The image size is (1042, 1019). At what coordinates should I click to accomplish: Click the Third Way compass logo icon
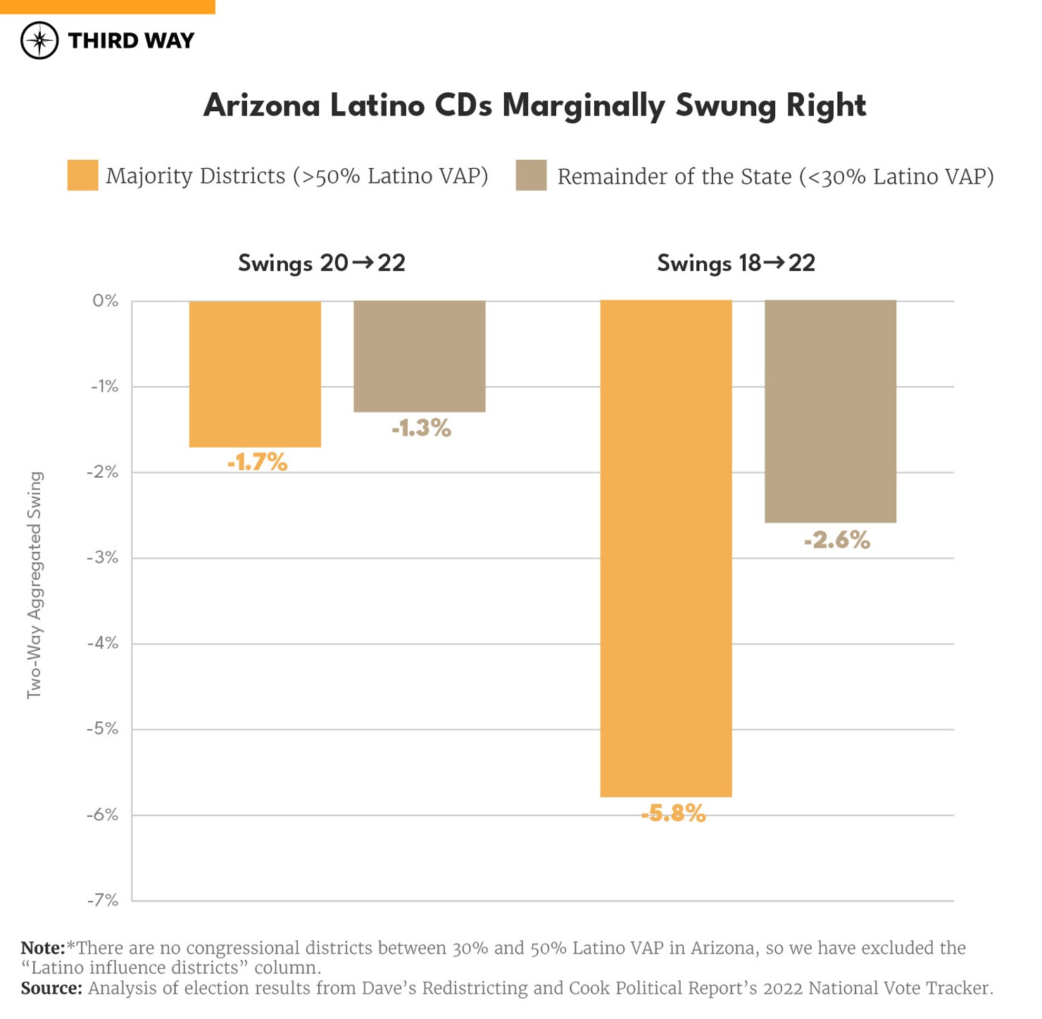pos(39,40)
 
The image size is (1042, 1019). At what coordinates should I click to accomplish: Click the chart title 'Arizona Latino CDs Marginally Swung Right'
pos(534,106)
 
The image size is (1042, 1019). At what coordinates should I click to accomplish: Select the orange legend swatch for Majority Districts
pos(82,175)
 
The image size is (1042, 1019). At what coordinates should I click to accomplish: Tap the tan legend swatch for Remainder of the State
pos(531,175)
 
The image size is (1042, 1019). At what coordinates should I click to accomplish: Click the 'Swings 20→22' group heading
pos(322,263)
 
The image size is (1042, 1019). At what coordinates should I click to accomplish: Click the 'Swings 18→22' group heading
pos(736,263)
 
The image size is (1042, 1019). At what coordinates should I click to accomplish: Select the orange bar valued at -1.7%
pos(255,374)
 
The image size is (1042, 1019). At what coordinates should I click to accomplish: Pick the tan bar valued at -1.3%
pos(420,356)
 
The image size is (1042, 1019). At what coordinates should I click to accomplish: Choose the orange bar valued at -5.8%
pos(666,548)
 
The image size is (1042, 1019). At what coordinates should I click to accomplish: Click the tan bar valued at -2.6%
pos(830,411)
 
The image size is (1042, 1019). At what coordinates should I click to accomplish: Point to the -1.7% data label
pos(257,462)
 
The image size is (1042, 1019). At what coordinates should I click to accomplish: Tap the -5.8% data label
pos(673,814)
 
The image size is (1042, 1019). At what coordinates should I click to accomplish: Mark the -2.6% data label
pos(837,540)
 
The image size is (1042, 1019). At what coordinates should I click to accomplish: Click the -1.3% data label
pos(421,428)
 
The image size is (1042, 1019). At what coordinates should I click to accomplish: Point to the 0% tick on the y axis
pos(105,301)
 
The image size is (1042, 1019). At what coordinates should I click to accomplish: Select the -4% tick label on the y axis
pos(103,643)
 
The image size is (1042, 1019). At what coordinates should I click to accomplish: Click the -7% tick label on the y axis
pos(103,900)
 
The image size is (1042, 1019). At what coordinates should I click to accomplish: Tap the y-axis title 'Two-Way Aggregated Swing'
pos(34,585)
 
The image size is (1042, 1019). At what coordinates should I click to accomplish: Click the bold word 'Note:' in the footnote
pos(42,948)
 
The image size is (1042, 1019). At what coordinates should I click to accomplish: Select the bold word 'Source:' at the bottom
pos(51,988)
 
